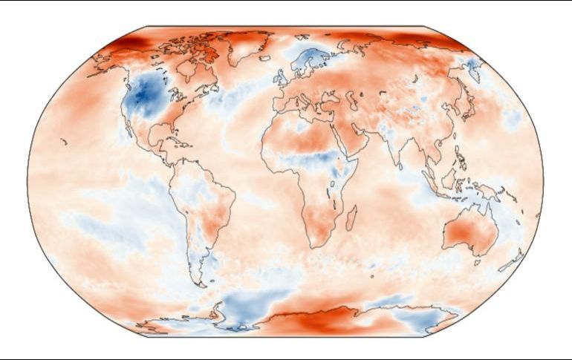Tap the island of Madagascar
click(x=351, y=217)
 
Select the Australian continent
click(x=469, y=234)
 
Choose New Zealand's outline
click(x=512, y=261)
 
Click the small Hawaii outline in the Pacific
click(x=65, y=140)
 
